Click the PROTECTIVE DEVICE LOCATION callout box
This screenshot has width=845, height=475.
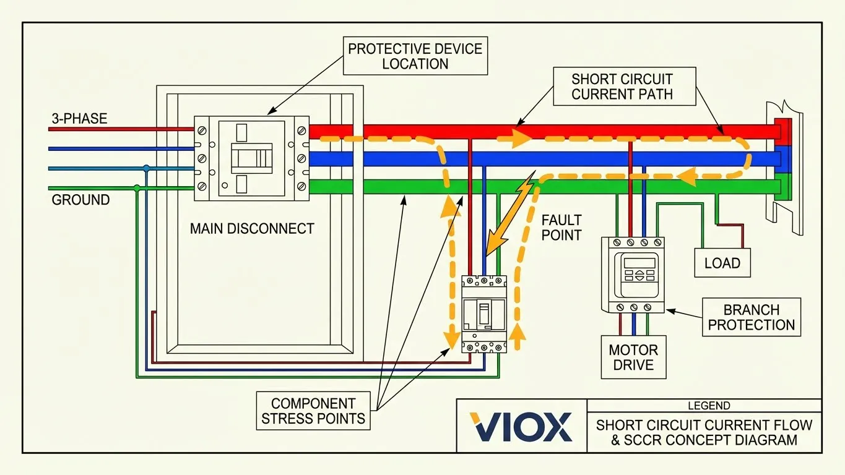(x=415, y=56)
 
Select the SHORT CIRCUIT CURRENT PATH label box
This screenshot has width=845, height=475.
(x=622, y=87)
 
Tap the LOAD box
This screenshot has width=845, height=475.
(x=722, y=263)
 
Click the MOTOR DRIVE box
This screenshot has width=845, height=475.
(x=633, y=357)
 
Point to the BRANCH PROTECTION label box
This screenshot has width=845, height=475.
(x=751, y=317)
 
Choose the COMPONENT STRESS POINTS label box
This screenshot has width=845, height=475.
(x=313, y=411)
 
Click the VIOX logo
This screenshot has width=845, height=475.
(x=521, y=426)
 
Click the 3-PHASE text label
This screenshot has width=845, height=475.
(x=79, y=119)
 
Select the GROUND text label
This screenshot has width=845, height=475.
(x=80, y=200)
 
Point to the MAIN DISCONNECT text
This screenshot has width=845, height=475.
(x=252, y=228)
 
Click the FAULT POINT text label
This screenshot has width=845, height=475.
(x=561, y=227)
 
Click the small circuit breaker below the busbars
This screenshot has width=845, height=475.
(x=483, y=314)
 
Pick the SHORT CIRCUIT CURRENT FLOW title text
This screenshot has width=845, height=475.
(x=704, y=425)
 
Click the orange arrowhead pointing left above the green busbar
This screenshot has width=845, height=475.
(x=685, y=178)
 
